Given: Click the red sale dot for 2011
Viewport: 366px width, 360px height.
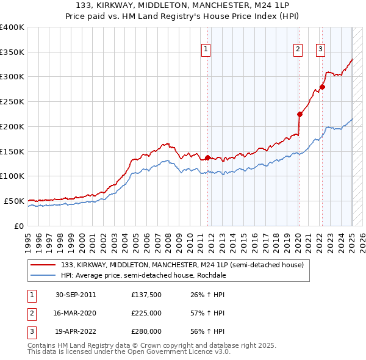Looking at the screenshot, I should click(207, 157).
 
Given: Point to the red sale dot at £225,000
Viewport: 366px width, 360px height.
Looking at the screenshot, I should click(300, 113).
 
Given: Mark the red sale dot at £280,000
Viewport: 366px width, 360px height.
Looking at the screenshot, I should click(322, 87).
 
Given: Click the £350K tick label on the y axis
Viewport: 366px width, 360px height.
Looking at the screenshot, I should click(12, 52).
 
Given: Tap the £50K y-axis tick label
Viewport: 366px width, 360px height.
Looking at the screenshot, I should click(15, 201).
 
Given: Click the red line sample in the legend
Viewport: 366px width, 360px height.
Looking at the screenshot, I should click(44, 265).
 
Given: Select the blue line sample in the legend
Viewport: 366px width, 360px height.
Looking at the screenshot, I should click(44, 275).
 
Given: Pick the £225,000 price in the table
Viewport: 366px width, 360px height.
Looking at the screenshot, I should click(146, 314).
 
